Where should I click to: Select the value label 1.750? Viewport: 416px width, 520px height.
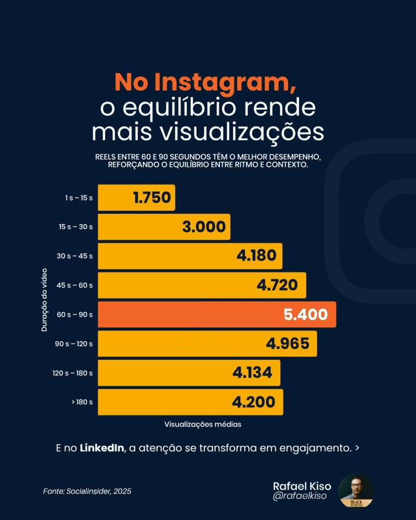(x=152, y=198)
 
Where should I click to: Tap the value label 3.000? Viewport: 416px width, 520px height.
(x=204, y=227)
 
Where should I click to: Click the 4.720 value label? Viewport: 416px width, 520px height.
(x=277, y=285)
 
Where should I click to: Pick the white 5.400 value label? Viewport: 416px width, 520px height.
(x=306, y=315)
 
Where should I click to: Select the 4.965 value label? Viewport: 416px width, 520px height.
(x=288, y=344)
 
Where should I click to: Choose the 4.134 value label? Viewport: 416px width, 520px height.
(x=252, y=373)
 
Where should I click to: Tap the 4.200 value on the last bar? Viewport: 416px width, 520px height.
(x=254, y=402)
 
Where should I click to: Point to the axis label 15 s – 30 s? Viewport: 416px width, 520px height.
(x=76, y=227)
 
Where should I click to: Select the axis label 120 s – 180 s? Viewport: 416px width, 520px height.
(x=73, y=373)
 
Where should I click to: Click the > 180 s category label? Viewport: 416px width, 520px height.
(x=82, y=402)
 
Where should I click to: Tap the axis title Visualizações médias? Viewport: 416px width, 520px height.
(x=203, y=424)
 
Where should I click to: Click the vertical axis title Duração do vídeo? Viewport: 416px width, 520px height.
(x=45, y=300)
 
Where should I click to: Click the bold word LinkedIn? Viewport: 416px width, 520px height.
(x=102, y=448)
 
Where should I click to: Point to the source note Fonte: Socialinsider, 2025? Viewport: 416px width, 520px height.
(x=87, y=491)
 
